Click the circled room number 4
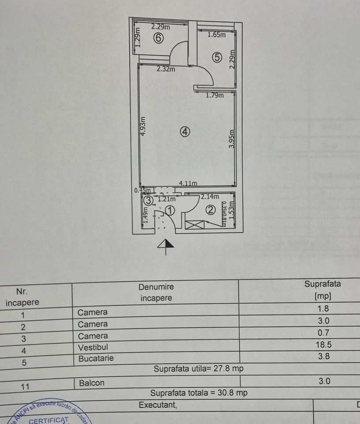[x=185, y=131]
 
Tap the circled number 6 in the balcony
[x=158, y=38]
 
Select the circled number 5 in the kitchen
[x=216, y=57]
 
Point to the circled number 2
[x=211, y=210]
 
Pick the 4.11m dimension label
[x=187, y=183]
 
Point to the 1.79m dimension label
[x=214, y=95]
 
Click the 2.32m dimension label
[x=165, y=69]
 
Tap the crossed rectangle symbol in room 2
[x=193, y=225]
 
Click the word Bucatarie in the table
[x=96, y=358]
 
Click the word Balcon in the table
[x=91, y=382]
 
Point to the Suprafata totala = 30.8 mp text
[x=199, y=393]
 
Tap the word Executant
[x=157, y=405]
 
